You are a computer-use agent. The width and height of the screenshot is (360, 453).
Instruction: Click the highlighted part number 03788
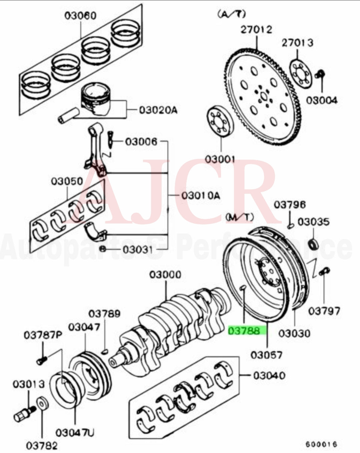pyautogui.click(x=247, y=331)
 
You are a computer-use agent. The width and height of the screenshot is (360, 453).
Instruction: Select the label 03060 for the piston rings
pyautogui.click(x=80, y=16)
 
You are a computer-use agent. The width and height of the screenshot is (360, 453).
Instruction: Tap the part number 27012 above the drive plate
pyautogui.click(x=256, y=29)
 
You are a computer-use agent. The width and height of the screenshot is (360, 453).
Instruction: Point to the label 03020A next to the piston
pyautogui.click(x=158, y=110)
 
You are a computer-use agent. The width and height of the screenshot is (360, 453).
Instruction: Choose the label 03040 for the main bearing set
pyautogui.click(x=269, y=376)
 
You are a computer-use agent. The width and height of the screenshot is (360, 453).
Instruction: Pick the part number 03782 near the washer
pyautogui.click(x=42, y=445)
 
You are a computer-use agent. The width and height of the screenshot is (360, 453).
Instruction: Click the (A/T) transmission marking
pyautogui.click(x=231, y=14)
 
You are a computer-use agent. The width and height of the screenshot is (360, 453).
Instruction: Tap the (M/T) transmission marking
pyautogui.click(x=239, y=217)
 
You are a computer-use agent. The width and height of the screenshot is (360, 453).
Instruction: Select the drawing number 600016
pyautogui.click(x=321, y=444)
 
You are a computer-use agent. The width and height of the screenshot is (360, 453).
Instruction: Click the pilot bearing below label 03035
pyautogui.click(x=313, y=244)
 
